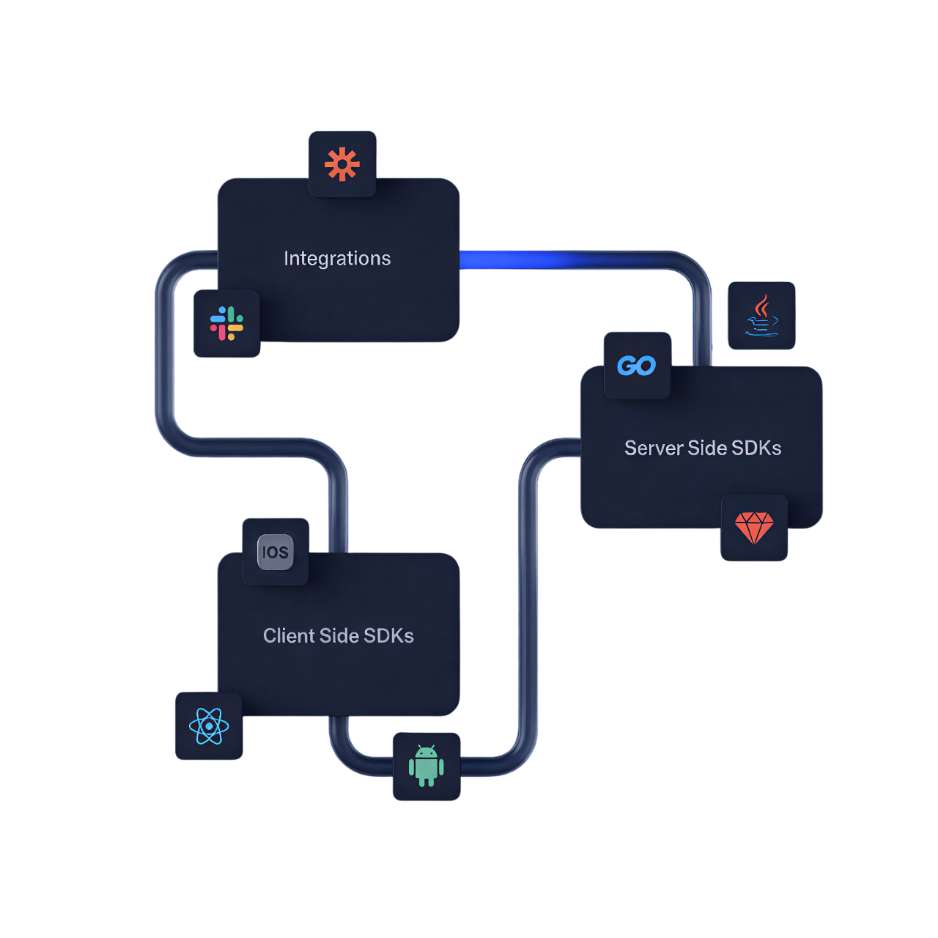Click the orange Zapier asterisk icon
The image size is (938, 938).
[x=342, y=164]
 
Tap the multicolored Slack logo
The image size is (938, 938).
[x=226, y=323]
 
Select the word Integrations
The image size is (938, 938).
[x=337, y=259]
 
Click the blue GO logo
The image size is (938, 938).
[x=636, y=365]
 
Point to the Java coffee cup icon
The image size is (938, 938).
[x=762, y=317]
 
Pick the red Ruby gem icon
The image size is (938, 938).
[x=754, y=528]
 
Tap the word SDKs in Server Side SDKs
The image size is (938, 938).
[x=756, y=448]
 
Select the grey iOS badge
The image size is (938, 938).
[x=276, y=552]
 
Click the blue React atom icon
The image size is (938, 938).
[x=209, y=726]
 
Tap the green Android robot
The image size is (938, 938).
[x=426, y=766]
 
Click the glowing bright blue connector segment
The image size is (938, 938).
[x=513, y=259]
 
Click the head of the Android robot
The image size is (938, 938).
[x=426, y=752]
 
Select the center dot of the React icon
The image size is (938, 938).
[x=209, y=726]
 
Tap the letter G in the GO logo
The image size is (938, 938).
[x=627, y=365]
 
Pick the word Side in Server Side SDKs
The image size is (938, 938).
[x=706, y=448]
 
